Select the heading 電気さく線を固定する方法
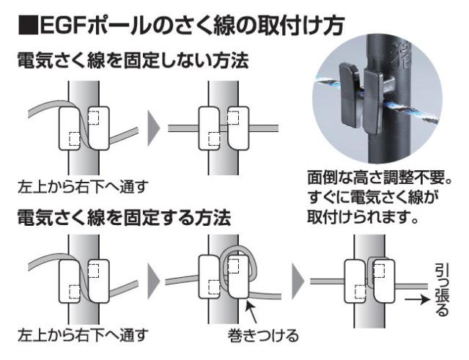[124, 218]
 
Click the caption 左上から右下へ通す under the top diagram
[82, 184]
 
